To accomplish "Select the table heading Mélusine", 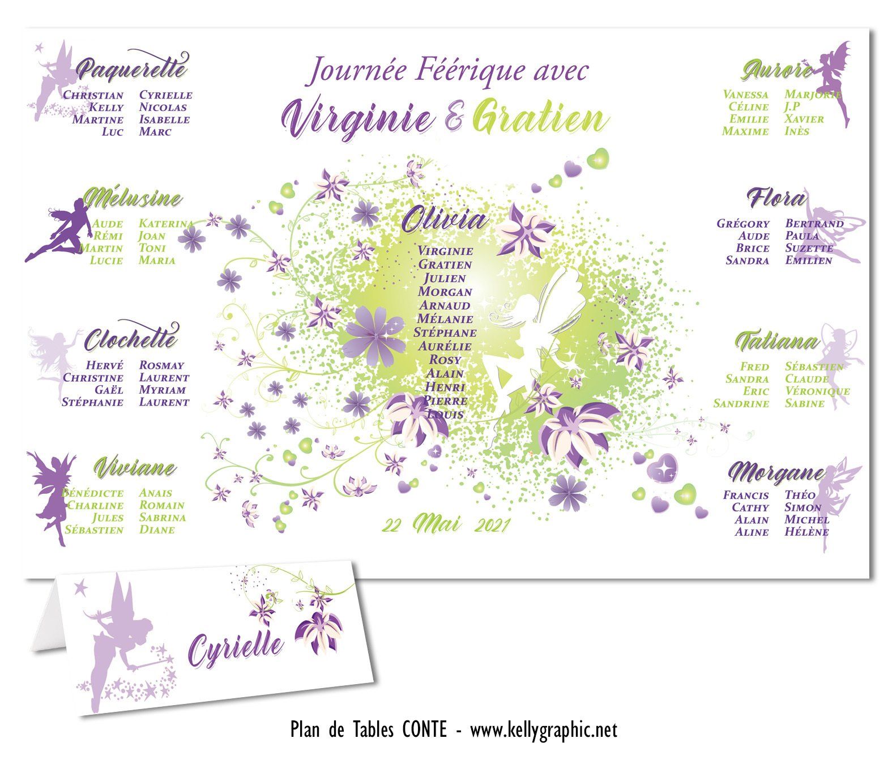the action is (133, 199).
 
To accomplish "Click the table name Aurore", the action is (776, 71).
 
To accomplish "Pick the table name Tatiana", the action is (778, 342).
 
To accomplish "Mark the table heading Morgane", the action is (776, 472).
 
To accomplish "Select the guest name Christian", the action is (93, 95).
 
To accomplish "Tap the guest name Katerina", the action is (165, 224).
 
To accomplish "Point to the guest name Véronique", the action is (817, 391).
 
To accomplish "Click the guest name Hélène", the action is (806, 532).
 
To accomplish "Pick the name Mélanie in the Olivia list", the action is (445, 319).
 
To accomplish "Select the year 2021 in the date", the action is (492, 526).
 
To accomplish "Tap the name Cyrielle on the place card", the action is (236, 648).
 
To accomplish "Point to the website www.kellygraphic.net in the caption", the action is (543, 731).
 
